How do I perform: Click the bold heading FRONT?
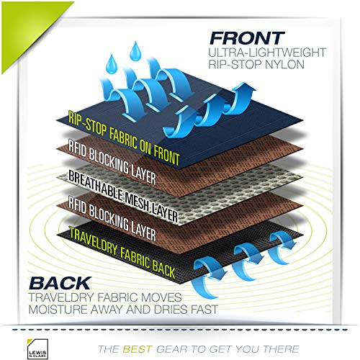247,38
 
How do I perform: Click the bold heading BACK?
60,283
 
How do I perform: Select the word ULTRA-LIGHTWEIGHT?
267,53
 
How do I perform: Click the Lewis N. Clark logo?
37,348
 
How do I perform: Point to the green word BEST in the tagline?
138,349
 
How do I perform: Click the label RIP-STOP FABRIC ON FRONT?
124,138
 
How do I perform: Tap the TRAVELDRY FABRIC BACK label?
122,253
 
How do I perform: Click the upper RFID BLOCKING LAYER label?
112,162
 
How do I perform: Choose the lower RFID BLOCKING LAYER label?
112,218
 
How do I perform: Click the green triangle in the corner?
27,27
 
